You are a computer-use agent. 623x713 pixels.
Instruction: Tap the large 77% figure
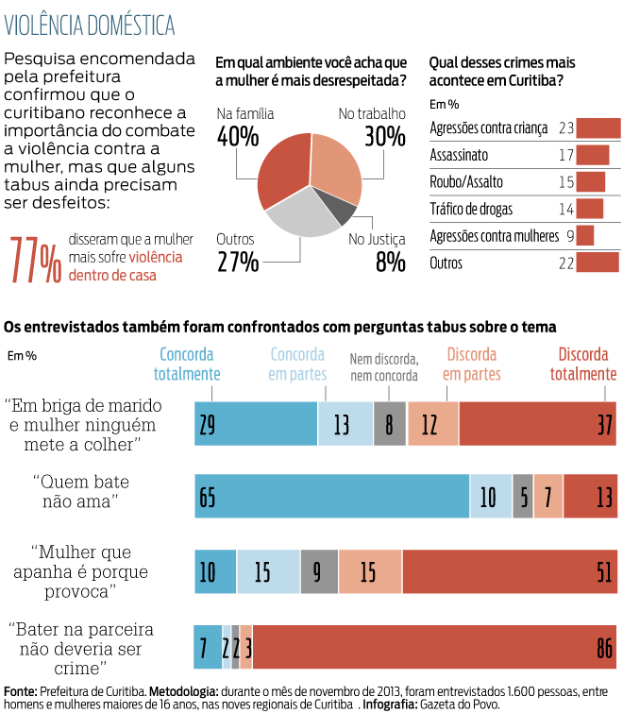36,260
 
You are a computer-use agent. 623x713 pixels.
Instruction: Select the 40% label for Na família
237,137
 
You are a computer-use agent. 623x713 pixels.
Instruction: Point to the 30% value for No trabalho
384,137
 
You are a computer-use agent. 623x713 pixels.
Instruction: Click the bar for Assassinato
593,155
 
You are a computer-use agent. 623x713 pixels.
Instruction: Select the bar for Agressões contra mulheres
585,236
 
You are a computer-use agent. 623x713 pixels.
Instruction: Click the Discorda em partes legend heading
472,365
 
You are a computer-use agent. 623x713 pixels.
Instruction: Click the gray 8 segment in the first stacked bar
390,424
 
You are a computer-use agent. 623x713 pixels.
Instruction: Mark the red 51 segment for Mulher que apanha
510,572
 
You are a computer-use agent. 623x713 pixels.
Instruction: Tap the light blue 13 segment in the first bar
345,424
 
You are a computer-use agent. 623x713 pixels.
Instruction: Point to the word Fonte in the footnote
20,690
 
